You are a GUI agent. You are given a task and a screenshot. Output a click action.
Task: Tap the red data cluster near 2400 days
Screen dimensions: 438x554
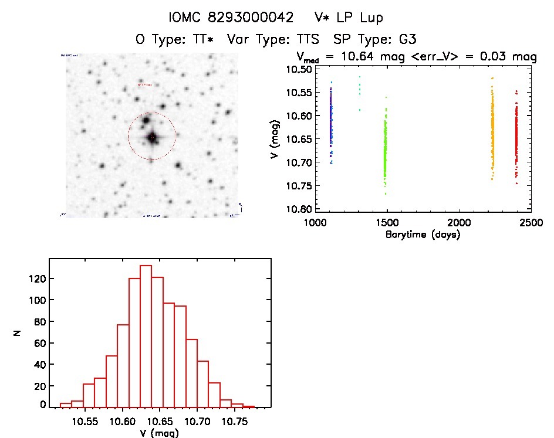tap(516, 141)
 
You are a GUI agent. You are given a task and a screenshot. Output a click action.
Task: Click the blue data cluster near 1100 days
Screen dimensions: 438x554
tap(331, 123)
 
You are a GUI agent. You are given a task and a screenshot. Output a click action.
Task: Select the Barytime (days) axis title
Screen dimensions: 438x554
tap(423, 235)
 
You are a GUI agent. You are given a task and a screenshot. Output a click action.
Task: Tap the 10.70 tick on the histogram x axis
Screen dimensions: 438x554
tap(198, 421)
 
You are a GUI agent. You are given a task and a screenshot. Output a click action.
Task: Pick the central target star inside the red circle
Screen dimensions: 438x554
tap(152, 137)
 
